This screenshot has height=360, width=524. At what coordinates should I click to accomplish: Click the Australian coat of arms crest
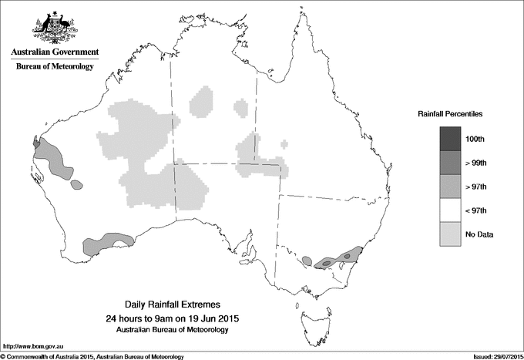(x=55, y=26)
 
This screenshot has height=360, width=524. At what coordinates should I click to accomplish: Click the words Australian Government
(x=55, y=52)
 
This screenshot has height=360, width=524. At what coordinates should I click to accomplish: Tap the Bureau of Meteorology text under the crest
(x=55, y=66)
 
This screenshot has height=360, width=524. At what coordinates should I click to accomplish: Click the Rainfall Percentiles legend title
(x=450, y=113)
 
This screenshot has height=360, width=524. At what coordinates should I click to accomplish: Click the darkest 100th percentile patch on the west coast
(x=35, y=142)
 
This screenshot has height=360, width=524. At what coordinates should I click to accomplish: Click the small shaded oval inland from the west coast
(x=76, y=185)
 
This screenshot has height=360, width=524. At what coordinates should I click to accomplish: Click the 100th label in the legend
(x=475, y=138)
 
